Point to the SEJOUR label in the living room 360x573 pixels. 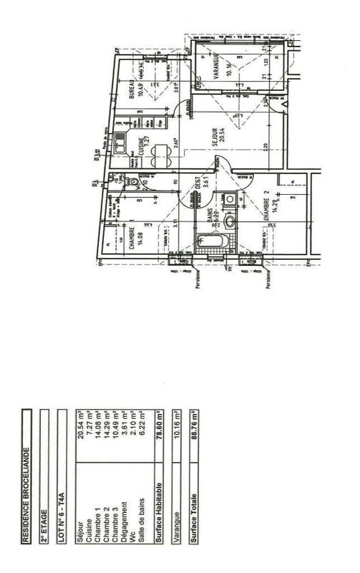pos(216,138)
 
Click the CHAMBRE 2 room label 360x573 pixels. pos(265,204)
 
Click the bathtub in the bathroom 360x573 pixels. pos(215,243)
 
